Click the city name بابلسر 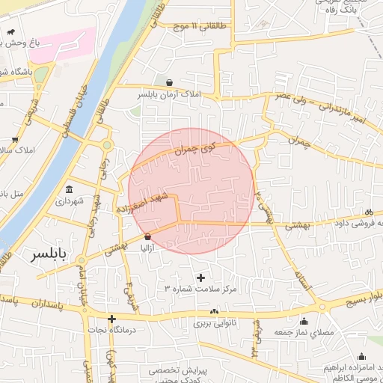[x=48, y=255]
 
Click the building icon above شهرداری [x=70, y=189]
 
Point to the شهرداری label [x=70, y=201]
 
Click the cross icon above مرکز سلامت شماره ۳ [x=200, y=278]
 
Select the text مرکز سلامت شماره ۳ [x=200, y=289]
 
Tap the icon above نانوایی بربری [x=215, y=311]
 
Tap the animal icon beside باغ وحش [x=13, y=33]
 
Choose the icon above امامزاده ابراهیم [x=362, y=356]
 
